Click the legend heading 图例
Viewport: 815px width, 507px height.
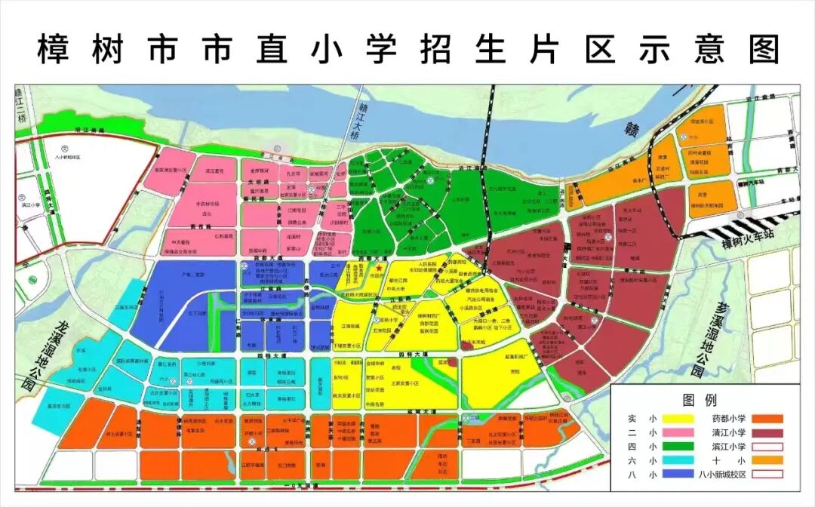[699, 400]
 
